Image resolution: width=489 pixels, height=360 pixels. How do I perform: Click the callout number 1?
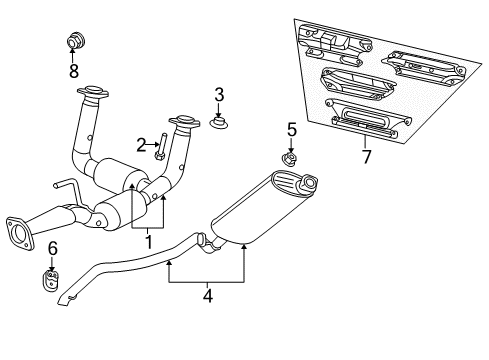(x=147, y=240)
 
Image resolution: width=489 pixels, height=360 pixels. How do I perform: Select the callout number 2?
(x=142, y=143)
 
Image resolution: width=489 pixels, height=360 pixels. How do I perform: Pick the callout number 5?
(x=292, y=129)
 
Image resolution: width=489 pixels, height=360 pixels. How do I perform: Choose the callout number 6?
(x=53, y=249)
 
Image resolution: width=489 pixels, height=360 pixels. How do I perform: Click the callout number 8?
(x=73, y=70)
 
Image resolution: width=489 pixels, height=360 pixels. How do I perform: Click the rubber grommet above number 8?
(x=73, y=42)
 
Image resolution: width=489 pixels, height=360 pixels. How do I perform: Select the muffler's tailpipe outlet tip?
(x=308, y=183)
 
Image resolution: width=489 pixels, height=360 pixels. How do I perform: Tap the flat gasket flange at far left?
(x=20, y=229)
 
